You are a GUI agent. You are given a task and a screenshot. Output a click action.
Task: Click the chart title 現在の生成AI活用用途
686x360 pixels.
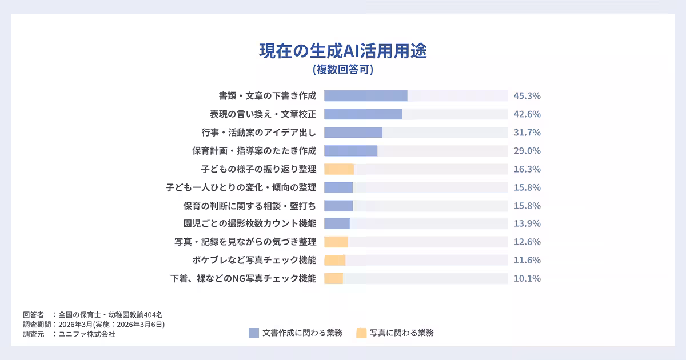tap(343, 51)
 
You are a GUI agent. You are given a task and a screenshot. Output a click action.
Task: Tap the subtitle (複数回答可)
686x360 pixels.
tap(343, 70)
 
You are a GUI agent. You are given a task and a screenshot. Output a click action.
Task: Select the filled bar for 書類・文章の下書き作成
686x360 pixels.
tap(366, 96)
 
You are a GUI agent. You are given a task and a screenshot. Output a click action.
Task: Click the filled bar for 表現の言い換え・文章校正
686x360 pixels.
tap(363, 114)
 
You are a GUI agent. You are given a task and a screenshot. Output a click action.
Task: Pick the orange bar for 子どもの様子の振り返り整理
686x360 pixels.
tap(339, 169)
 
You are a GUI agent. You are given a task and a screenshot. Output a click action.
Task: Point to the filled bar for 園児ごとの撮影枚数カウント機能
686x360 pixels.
tap(337, 223)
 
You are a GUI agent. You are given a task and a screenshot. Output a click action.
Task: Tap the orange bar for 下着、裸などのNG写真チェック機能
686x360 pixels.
tap(333, 278)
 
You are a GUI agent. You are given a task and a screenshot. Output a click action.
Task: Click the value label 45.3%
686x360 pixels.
tap(527, 96)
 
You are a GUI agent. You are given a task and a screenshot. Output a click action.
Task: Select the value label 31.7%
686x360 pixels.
tap(527, 133)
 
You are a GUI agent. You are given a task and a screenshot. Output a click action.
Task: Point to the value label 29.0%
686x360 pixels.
tap(527, 151)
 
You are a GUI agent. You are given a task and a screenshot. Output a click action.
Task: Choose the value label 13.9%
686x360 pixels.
tap(527, 223)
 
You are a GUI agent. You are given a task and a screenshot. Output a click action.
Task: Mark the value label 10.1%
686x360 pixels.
tap(527, 278)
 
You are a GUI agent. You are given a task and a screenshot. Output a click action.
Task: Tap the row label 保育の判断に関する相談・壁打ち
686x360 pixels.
tap(249, 206)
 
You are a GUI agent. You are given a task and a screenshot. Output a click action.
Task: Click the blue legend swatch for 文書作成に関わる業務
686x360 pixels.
tap(254, 333)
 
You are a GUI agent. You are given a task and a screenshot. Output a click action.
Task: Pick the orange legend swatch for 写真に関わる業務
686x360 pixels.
tap(361, 333)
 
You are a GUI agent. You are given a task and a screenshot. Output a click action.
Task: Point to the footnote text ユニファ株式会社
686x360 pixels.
tap(87, 334)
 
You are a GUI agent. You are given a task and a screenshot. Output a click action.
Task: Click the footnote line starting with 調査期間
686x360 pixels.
tap(94, 325)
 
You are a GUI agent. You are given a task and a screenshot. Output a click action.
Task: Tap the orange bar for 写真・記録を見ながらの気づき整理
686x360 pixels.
tap(336, 242)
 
